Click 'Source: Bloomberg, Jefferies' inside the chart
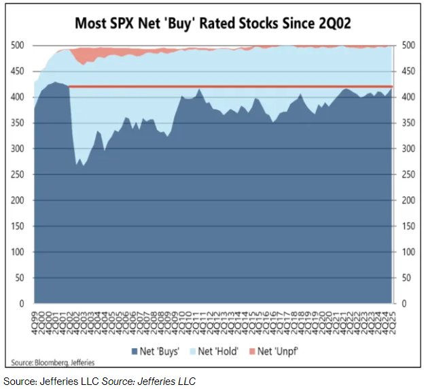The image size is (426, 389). (53, 362)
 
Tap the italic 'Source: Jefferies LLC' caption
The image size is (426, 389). (149, 381)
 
